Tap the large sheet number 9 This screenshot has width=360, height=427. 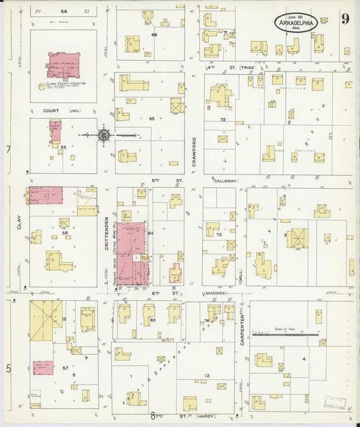[x=344, y=19]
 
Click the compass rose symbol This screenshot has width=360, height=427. [x=104, y=135]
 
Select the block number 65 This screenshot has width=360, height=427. [x=152, y=118]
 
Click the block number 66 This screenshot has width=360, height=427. [x=154, y=34]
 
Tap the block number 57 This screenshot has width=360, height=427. [x=66, y=368]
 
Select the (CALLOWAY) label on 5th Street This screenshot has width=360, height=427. [x=226, y=181]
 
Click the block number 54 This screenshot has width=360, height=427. [x=63, y=11]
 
